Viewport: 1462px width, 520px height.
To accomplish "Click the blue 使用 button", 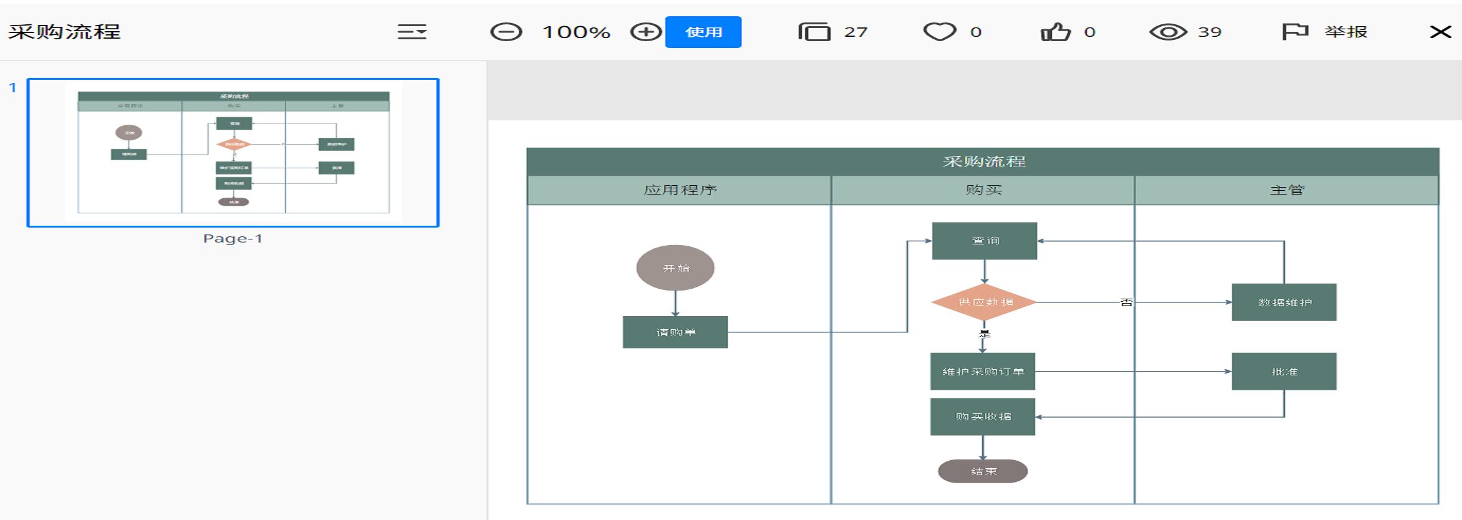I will pyautogui.click(x=703, y=32).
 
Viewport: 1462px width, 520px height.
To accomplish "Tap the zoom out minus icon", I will pyautogui.click(x=505, y=32).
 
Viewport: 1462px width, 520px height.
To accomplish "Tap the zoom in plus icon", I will pyautogui.click(x=646, y=32).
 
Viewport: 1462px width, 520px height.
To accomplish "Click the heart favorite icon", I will pyautogui.click(x=939, y=32).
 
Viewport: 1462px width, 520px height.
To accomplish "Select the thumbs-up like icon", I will pyautogui.click(x=1056, y=32).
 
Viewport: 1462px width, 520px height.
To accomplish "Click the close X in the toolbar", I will pyautogui.click(x=1440, y=32).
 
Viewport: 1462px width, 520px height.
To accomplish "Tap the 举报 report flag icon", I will pyautogui.click(x=1294, y=32).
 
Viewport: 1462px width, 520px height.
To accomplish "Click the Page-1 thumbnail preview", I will pyautogui.click(x=233, y=153).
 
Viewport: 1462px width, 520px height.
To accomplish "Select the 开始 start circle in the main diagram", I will pyautogui.click(x=675, y=268).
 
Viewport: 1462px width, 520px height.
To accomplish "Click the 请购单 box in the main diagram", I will pyautogui.click(x=675, y=332).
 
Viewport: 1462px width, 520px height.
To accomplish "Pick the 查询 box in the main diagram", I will pyautogui.click(x=985, y=241).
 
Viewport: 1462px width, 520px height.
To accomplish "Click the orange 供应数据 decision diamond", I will pyautogui.click(x=984, y=302).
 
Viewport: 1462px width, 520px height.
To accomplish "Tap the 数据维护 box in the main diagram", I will pyautogui.click(x=1284, y=302).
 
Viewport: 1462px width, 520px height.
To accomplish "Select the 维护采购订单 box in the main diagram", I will pyautogui.click(x=983, y=372).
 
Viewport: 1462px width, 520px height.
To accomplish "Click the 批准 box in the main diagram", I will pyautogui.click(x=1284, y=372).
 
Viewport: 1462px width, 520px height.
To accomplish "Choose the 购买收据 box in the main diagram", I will pyautogui.click(x=983, y=416).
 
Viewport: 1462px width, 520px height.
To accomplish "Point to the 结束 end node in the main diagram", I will pyautogui.click(x=983, y=471).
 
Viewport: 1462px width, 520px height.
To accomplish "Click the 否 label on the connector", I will pyautogui.click(x=1126, y=302).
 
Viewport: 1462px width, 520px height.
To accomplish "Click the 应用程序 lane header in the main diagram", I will pyautogui.click(x=679, y=190).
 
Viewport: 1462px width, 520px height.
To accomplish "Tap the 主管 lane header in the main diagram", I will pyautogui.click(x=1287, y=190).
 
